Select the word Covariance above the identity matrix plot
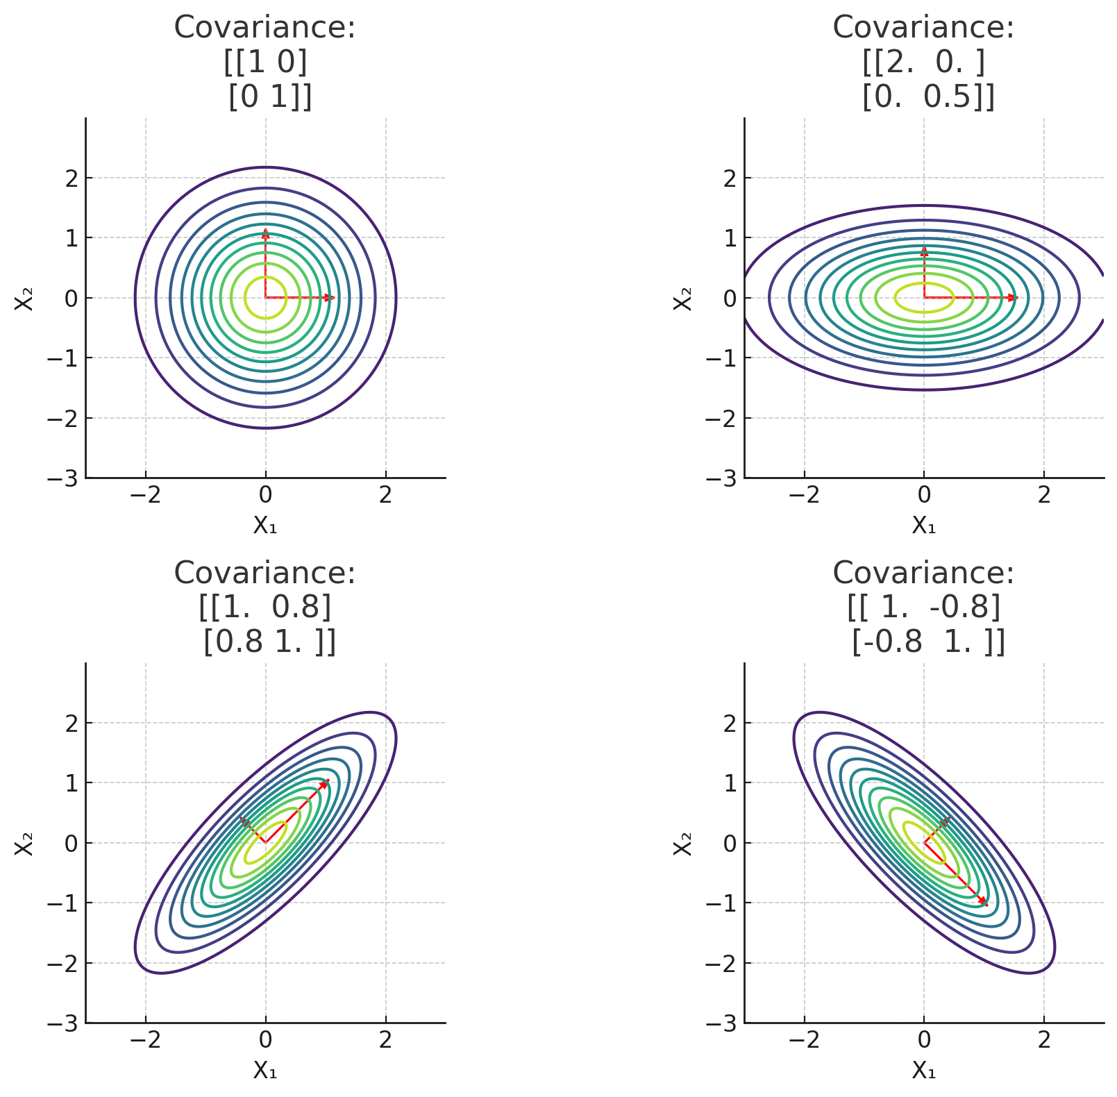pos(264,28)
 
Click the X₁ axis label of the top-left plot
pos(264,525)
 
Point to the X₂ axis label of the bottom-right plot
pos(684,842)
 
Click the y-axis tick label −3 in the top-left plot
pos(64,478)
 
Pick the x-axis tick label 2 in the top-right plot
pos(1043,495)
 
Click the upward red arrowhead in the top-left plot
pos(265,231)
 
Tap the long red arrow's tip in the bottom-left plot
pos(325,782)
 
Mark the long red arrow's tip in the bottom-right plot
pos(984,902)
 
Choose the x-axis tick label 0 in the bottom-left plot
pos(265,1040)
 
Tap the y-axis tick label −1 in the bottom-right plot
pos(723,903)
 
